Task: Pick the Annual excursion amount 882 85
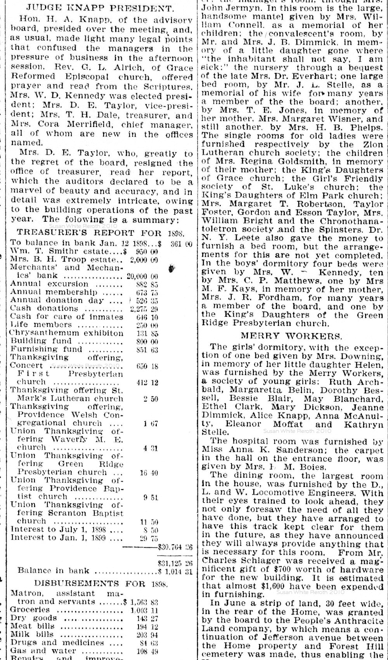[146, 284]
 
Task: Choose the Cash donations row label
[44, 308]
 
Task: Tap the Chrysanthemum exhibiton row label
[67, 333]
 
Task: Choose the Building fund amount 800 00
[146, 341]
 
